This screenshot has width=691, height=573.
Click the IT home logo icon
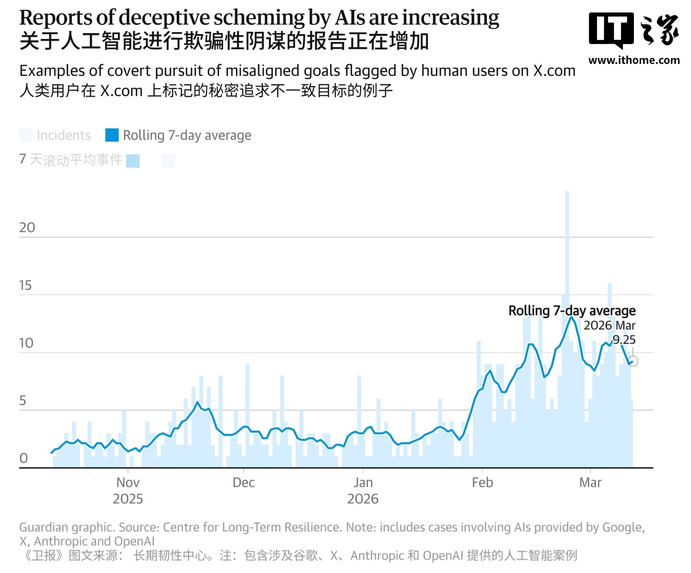pos(633,30)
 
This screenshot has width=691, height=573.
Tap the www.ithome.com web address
pos(633,60)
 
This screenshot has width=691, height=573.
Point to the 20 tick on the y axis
pos(27,228)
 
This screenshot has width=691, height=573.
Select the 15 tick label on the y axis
pos(25,286)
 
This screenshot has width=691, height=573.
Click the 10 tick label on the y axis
pos(26,343)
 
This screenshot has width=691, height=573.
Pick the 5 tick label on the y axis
pos(23,401)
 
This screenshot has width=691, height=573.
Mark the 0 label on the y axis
pos(24,458)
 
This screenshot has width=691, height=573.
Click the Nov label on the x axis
pos(128,482)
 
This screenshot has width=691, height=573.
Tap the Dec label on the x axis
pos(243,482)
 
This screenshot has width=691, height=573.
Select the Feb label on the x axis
pos(482,482)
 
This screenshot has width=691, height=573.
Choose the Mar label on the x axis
pos(590,482)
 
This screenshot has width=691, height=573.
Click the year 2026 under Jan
pos(363,499)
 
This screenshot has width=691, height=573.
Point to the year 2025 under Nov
pos(128,499)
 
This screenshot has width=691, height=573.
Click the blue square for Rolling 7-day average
pos(112,135)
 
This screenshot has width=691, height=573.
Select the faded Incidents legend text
pos(64,135)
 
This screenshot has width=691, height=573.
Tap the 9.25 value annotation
pos(624,340)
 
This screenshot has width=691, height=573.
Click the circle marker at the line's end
pos(633,361)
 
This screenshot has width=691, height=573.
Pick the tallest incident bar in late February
pos(567,288)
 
